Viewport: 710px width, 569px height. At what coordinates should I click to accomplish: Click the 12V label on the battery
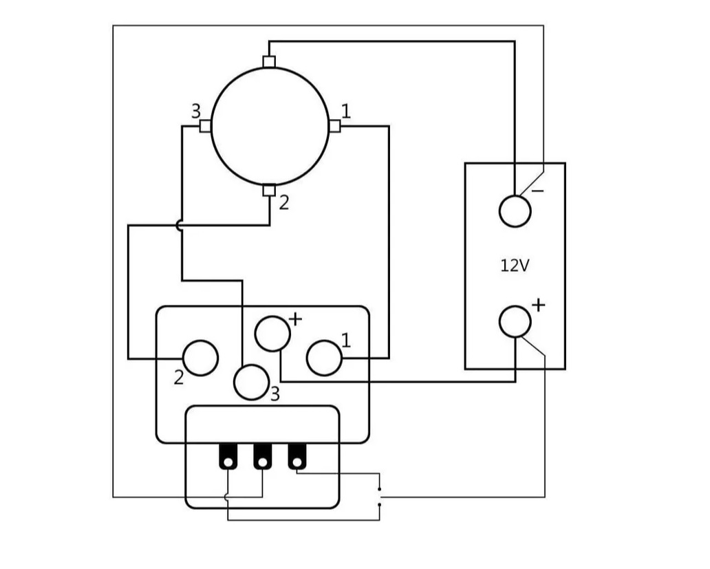click(515, 266)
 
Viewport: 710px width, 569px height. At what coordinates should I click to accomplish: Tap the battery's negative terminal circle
click(515, 211)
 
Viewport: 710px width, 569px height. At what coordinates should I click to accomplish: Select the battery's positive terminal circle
click(515, 322)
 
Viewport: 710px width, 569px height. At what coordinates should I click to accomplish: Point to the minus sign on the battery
click(538, 191)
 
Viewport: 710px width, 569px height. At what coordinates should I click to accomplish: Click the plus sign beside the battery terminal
click(538, 305)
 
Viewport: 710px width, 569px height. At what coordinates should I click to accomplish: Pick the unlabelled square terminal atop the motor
click(269, 61)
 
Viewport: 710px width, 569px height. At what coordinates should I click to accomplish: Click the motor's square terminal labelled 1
click(334, 126)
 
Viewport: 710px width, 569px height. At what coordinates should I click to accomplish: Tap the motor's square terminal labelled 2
click(269, 191)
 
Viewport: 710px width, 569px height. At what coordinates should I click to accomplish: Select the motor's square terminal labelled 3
click(205, 126)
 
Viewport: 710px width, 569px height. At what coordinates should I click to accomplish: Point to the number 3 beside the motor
click(196, 111)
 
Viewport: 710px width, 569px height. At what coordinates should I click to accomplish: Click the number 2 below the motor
click(283, 204)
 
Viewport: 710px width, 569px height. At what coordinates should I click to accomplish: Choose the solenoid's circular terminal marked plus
click(272, 334)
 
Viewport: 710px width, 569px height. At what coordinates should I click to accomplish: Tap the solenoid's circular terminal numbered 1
click(324, 358)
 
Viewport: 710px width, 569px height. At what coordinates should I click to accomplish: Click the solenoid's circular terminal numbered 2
click(200, 358)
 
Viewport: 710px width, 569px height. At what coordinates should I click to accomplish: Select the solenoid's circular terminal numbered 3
click(251, 383)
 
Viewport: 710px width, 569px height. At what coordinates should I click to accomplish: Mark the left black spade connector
click(228, 457)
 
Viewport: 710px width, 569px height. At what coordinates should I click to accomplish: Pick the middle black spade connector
click(262, 457)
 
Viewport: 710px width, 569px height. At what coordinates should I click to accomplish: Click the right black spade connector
click(297, 457)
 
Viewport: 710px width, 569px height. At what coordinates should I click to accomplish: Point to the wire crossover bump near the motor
click(180, 225)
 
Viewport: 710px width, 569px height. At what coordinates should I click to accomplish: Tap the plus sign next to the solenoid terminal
click(294, 319)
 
